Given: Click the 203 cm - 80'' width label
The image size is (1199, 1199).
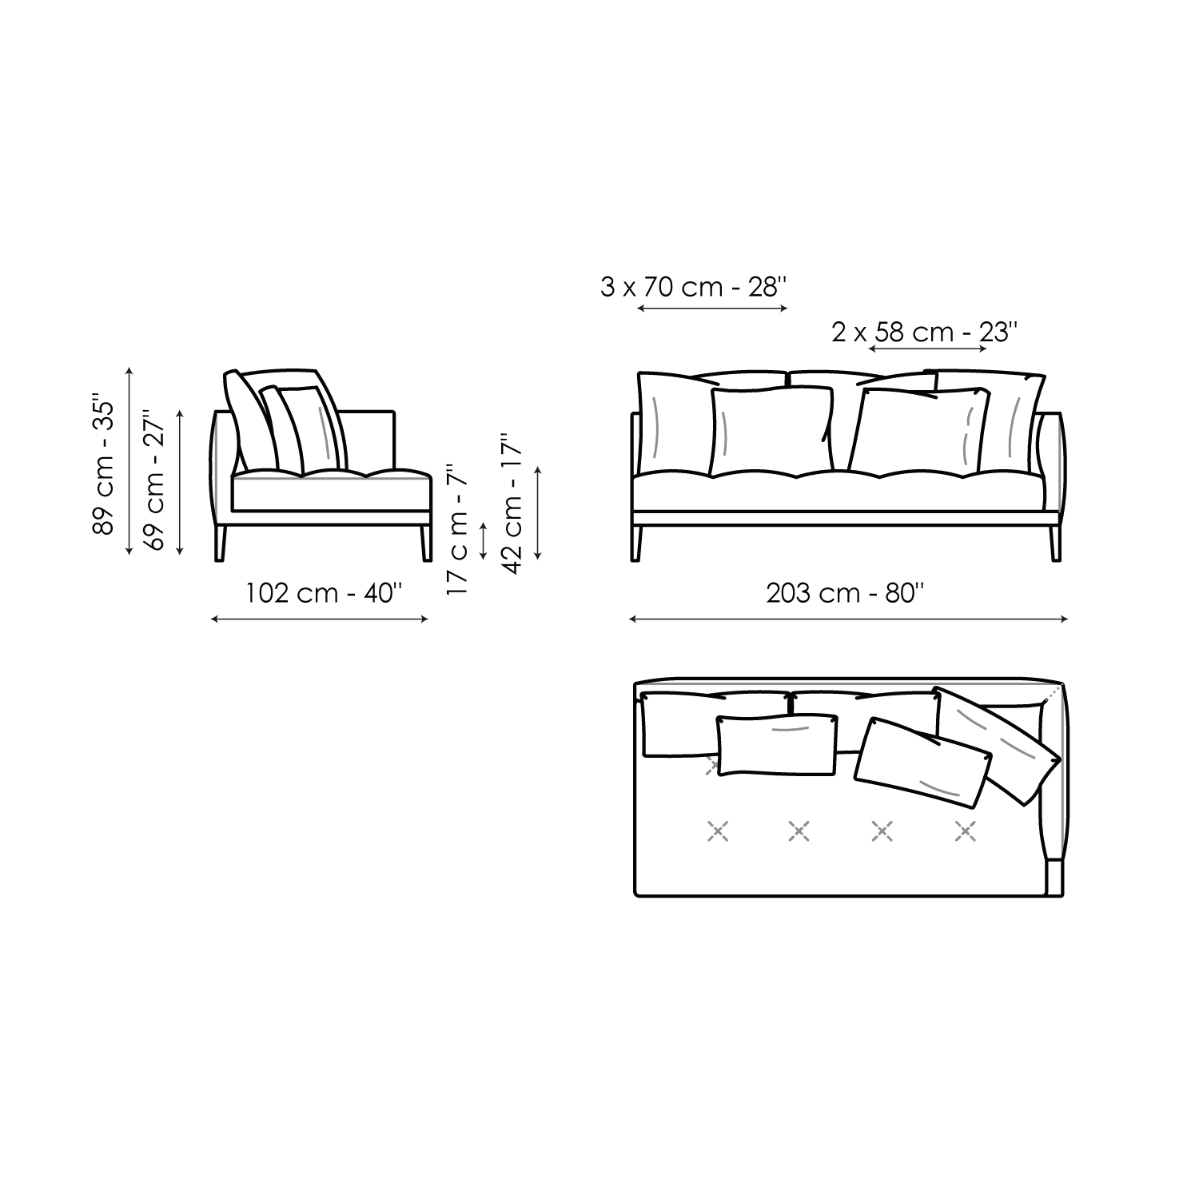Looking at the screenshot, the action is pyautogui.click(x=846, y=593).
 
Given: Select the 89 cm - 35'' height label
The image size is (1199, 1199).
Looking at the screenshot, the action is pyautogui.click(x=105, y=463).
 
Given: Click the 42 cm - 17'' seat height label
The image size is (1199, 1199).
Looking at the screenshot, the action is pyautogui.click(x=512, y=503).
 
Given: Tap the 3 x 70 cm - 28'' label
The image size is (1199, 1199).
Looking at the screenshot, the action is pyautogui.click(x=694, y=286).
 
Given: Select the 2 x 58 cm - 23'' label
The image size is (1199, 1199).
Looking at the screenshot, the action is pyautogui.click(x=924, y=331).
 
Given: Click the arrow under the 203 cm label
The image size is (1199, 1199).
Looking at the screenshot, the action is pyautogui.click(x=848, y=619).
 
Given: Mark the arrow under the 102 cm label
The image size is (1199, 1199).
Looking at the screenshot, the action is pyautogui.click(x=320, y=619).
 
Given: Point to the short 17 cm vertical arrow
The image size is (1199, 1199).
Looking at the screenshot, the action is pyautogui.click(x=483, y=541).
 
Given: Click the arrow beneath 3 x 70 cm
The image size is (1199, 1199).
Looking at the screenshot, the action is pyautogui.click(x=712, y=307).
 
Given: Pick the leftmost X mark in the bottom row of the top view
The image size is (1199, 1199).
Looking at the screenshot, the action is pyautogui.click(x=718, y=832).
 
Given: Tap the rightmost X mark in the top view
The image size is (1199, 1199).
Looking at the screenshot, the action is pyautogui.click(x=966, y=832).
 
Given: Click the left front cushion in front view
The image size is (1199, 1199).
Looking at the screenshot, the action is pyautogui.click(x=771, y=430).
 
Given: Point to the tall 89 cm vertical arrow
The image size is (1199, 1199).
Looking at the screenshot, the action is pyautogui.click(x=129, y=461).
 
